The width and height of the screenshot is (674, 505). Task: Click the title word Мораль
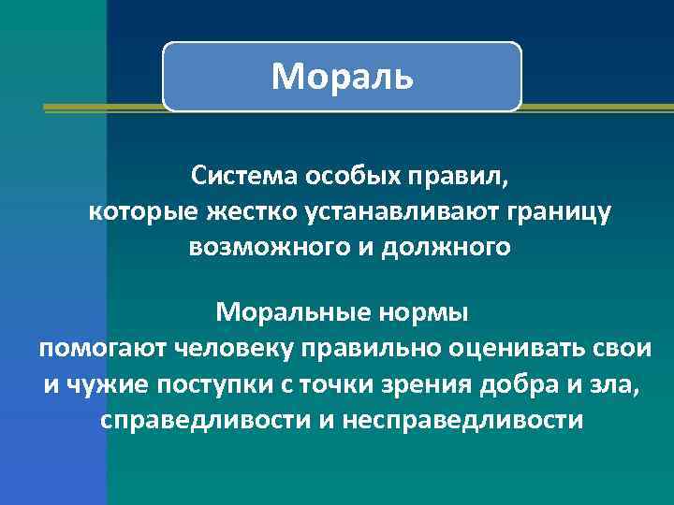pos(342,77)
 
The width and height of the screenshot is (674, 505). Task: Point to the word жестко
pos(250,212)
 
